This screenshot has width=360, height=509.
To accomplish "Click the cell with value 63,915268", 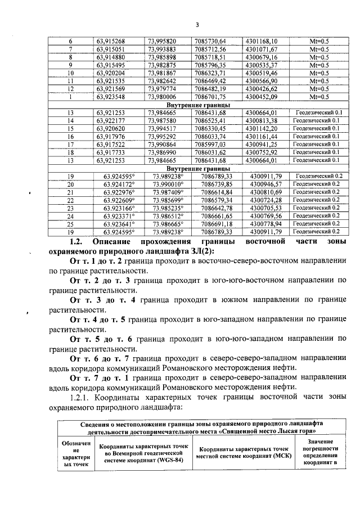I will [x=111, y=41].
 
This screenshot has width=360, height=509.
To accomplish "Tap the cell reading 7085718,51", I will [x=209, y=57].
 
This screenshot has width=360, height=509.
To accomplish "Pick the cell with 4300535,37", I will [x=262, y=65].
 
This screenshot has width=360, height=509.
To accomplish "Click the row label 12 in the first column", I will [x=71, y=88].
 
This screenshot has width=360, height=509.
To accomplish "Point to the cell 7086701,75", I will [x=209, y=96].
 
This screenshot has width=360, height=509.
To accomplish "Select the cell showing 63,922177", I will [x=111, y=120].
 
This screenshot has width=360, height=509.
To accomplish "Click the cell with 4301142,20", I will [x=262, y=128].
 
